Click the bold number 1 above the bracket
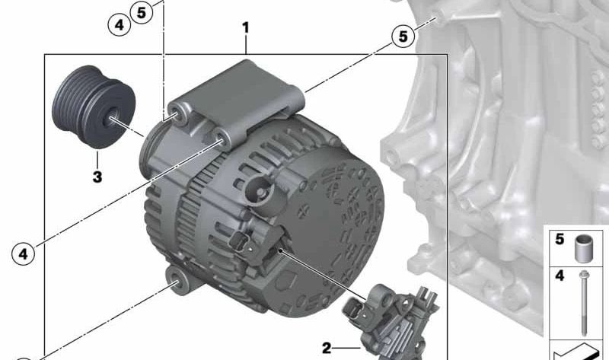245,27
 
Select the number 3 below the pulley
97,177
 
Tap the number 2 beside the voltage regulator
327,348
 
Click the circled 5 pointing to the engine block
403,36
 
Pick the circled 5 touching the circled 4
141,12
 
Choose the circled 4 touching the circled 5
119,25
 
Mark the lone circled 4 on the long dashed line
24,254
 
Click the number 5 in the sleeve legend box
560,239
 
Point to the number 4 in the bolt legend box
560,276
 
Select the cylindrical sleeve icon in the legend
583,249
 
